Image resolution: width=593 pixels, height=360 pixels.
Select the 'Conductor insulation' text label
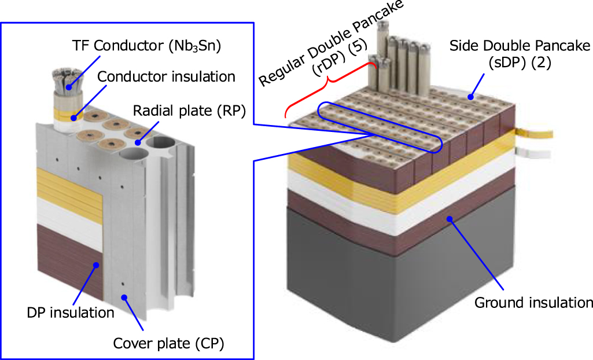166,76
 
